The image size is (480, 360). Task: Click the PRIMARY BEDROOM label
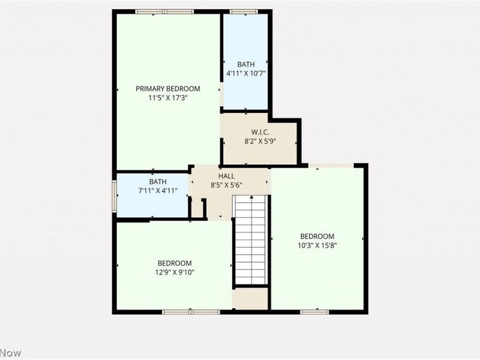click(167, 88)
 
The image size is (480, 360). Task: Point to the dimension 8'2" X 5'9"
click(259, 142)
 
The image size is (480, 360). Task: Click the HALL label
click(226, 176)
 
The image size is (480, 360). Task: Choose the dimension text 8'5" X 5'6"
click(226, 185)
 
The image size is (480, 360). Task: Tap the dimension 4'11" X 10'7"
click(245, 73)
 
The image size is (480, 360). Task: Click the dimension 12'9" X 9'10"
click(175, 272)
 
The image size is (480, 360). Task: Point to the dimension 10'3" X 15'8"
click(317, 245)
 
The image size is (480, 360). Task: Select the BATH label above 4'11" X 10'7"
click(245, 64)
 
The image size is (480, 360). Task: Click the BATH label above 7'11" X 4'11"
click(158, 182)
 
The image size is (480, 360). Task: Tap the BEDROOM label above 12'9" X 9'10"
click(175, 263)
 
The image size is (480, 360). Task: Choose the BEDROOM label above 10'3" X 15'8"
click(317, 236)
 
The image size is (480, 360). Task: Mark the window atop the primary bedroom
click(164, 11)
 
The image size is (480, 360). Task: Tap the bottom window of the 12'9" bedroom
click(191, 311)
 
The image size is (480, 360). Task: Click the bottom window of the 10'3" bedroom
click(314, 311)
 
